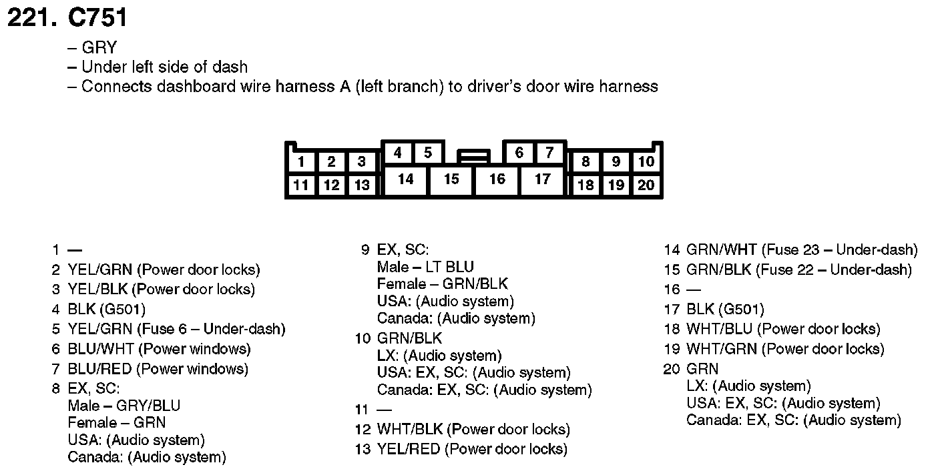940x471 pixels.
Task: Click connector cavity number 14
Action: click(405, 179)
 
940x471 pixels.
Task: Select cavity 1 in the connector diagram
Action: click(302, 161)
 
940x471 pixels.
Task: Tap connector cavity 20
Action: click(646, 185)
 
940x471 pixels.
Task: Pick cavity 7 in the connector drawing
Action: click(549, 153)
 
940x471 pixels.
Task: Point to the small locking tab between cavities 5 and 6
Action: click(473, 157)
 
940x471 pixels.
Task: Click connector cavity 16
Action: click(497, 179)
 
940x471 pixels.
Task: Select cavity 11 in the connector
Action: click(302, 185)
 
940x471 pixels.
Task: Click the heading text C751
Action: click(97, 18)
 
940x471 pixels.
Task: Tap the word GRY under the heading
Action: click(99, 48)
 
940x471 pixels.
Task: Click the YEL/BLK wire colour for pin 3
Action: click(99, 290)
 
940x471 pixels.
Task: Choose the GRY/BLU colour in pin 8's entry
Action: click(148, 406)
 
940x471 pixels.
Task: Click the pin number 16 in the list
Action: click(671, 290)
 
